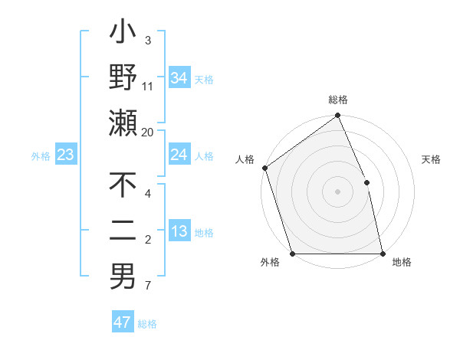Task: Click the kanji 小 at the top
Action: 123,35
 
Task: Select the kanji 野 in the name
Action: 123,77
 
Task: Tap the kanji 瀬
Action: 123,123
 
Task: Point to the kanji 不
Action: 123,186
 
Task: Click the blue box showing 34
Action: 179,78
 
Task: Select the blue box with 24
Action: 179,155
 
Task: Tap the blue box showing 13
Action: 179,231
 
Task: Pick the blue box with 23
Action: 66,155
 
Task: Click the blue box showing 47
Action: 123,322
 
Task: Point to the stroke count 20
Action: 149,132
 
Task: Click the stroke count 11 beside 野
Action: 148,87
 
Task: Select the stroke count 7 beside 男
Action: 148,286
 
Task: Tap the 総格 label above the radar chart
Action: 338,100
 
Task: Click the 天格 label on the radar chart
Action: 432,160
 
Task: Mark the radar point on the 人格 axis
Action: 264,168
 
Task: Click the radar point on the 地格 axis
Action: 382,254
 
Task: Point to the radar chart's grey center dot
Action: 337,191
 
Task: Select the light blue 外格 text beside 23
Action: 41,156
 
